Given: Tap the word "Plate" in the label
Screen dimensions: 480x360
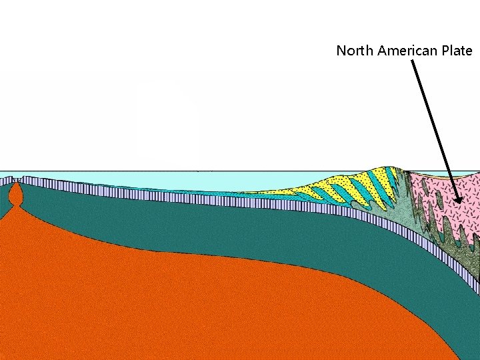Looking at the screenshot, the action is pos(456,51).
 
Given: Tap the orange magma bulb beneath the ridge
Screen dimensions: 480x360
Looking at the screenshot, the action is pos(15,194).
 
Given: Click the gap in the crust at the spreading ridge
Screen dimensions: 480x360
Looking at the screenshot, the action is pos(15,180).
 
